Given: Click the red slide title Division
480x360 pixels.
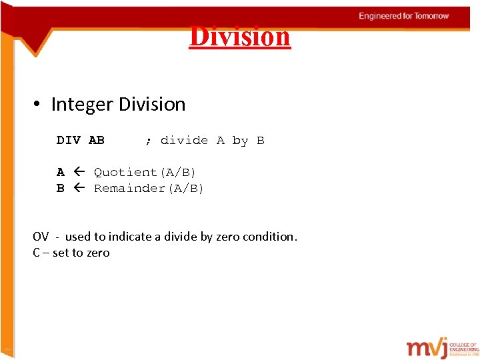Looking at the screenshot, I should pos(240,36).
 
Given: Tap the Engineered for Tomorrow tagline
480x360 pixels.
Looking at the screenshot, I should pos(403,16).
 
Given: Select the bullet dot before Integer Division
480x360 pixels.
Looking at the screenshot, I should pos(38,105).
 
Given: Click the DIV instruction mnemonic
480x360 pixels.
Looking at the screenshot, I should pos(69,141).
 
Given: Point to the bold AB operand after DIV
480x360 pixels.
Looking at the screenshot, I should pos(97,141).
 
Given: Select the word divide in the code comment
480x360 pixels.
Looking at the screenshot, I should pos(184,141).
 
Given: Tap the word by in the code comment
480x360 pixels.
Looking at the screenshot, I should pos(240,141).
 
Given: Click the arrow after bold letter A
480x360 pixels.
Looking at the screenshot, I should pos(79,173).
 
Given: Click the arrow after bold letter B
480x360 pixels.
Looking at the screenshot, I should pos(79,189).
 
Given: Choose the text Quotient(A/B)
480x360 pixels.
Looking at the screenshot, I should pos(145,173).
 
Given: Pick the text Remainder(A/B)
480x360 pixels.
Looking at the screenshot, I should pos(149,189).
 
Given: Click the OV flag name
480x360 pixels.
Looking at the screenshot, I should pos(41,237).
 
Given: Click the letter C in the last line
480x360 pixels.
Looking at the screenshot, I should pos(36,253).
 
